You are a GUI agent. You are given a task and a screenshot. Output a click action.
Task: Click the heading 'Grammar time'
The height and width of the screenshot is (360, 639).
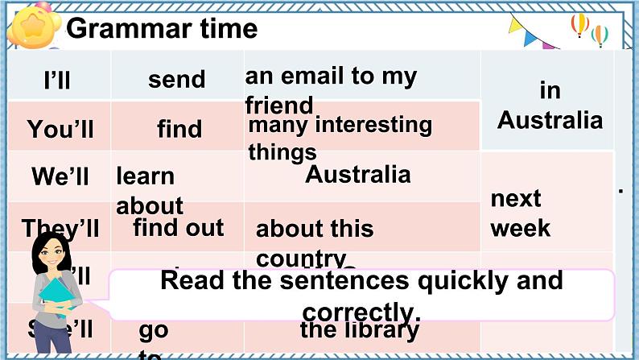click(162, 29)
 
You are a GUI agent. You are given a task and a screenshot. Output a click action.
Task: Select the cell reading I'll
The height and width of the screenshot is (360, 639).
click(58, 80)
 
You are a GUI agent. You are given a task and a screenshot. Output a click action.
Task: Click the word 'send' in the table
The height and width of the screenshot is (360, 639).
click(177, 79)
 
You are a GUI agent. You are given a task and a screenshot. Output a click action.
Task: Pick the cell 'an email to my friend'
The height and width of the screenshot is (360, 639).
click(330, 90)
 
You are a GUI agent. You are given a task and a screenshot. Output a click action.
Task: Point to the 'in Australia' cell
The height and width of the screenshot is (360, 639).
click(550, 106)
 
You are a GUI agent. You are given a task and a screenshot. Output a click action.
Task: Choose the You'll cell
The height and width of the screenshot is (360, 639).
click(60, 129)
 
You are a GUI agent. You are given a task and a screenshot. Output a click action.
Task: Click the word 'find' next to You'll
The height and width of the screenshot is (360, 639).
click(179, 129)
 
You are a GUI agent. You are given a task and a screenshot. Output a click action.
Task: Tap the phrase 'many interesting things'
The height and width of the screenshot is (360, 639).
click(340, 138)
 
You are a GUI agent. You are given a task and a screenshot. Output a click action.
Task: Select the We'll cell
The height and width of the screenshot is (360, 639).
click(60, 176)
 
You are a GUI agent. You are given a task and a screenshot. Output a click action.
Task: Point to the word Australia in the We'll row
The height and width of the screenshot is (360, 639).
click(358, 174)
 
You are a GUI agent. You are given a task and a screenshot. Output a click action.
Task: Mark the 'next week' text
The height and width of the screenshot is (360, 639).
click(521, 213)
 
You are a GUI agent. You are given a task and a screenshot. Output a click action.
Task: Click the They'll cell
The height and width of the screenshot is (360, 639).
click(61, 228)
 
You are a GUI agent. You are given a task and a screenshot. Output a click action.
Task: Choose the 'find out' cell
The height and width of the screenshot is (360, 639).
click(179, 227)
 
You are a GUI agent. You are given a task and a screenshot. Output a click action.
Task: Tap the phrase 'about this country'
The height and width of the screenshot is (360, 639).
click(315, 240)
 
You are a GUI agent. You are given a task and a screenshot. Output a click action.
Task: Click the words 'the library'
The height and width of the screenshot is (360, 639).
click(360, 329)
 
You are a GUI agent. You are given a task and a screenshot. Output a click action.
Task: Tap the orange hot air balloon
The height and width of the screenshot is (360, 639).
click(579, 23)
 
